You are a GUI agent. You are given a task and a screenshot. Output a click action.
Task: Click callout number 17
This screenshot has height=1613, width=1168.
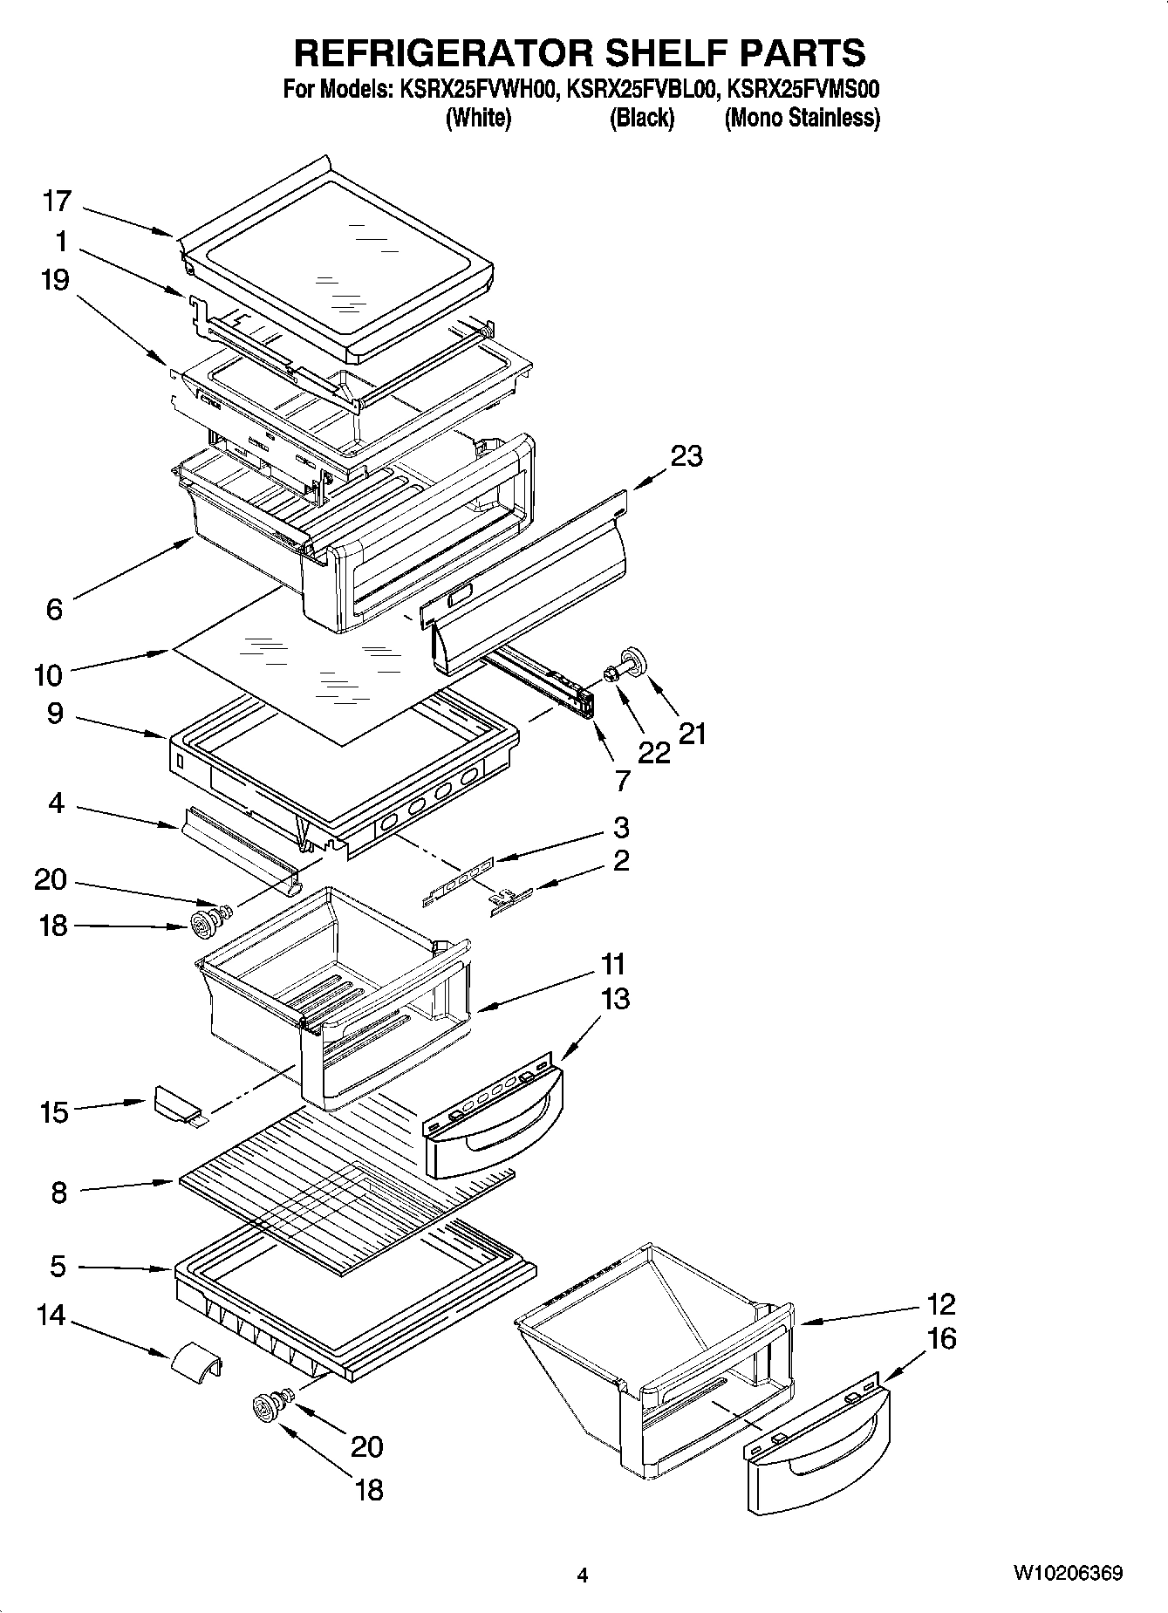(x=57, y=202)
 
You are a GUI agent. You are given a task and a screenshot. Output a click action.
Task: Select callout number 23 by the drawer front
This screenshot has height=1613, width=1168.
(x=686, y=455)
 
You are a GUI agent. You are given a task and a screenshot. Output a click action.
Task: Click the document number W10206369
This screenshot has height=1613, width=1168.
(x=1067, y=1574)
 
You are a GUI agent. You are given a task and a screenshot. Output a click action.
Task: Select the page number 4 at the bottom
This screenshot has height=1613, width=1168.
(x=583, y=1575)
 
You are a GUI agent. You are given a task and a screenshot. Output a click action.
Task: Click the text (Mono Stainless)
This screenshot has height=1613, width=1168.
(x=802, y=118)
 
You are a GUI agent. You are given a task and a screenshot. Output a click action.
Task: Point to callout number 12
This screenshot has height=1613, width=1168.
(x=940, y=1304)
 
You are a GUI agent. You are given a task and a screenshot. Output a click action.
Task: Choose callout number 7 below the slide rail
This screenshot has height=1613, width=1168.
(x=621, y=780)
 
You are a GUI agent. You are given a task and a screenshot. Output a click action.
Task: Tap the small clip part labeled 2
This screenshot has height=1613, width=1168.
(x=509, y=901)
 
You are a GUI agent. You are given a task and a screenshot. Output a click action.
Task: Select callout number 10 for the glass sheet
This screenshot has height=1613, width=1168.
(x=49, y=674)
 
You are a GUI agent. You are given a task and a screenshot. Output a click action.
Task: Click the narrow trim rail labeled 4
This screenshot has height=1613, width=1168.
(x=238, y=846)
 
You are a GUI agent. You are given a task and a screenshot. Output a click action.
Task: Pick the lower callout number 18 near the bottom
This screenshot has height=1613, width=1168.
(x=370, y=1489)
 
